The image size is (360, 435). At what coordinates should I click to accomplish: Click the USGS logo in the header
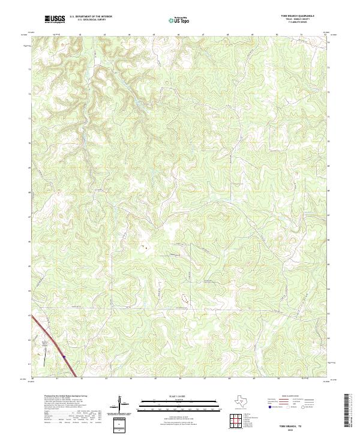coord(55,20)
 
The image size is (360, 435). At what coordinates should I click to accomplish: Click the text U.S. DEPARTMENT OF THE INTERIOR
coord(91,16)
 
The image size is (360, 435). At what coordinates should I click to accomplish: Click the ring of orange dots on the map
coord(185,298)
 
